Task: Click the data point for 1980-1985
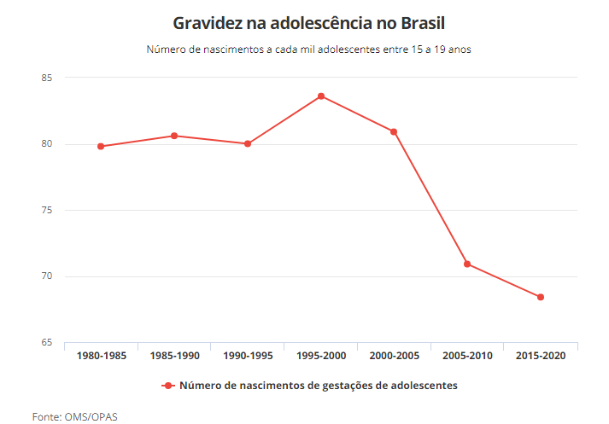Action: tap(101, 146)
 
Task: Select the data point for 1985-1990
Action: tap(174, 136)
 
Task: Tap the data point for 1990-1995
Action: tap(248, 143)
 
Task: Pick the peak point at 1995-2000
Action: tap(321, 96)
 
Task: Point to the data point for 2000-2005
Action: tap(394, 131)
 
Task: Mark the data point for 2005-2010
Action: tap(467, 264)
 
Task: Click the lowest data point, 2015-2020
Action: tap(541, 297)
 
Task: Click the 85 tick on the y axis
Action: tap(47, 78)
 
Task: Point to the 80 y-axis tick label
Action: tap(47, 144)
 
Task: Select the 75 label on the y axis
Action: tap(47, 210)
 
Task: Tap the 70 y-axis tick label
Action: tap(47, 276)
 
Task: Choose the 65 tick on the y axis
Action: tap(47, 343)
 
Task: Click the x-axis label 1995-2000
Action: tap(321, 356)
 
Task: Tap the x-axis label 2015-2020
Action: tap(541, 356)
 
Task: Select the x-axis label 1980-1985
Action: tap(101, 356)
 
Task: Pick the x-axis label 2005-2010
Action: tap(467, 356)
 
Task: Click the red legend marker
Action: tap(168, 386)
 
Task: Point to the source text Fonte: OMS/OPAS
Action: tap(75, 416)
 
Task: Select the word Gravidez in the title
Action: tap(205, 22)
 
